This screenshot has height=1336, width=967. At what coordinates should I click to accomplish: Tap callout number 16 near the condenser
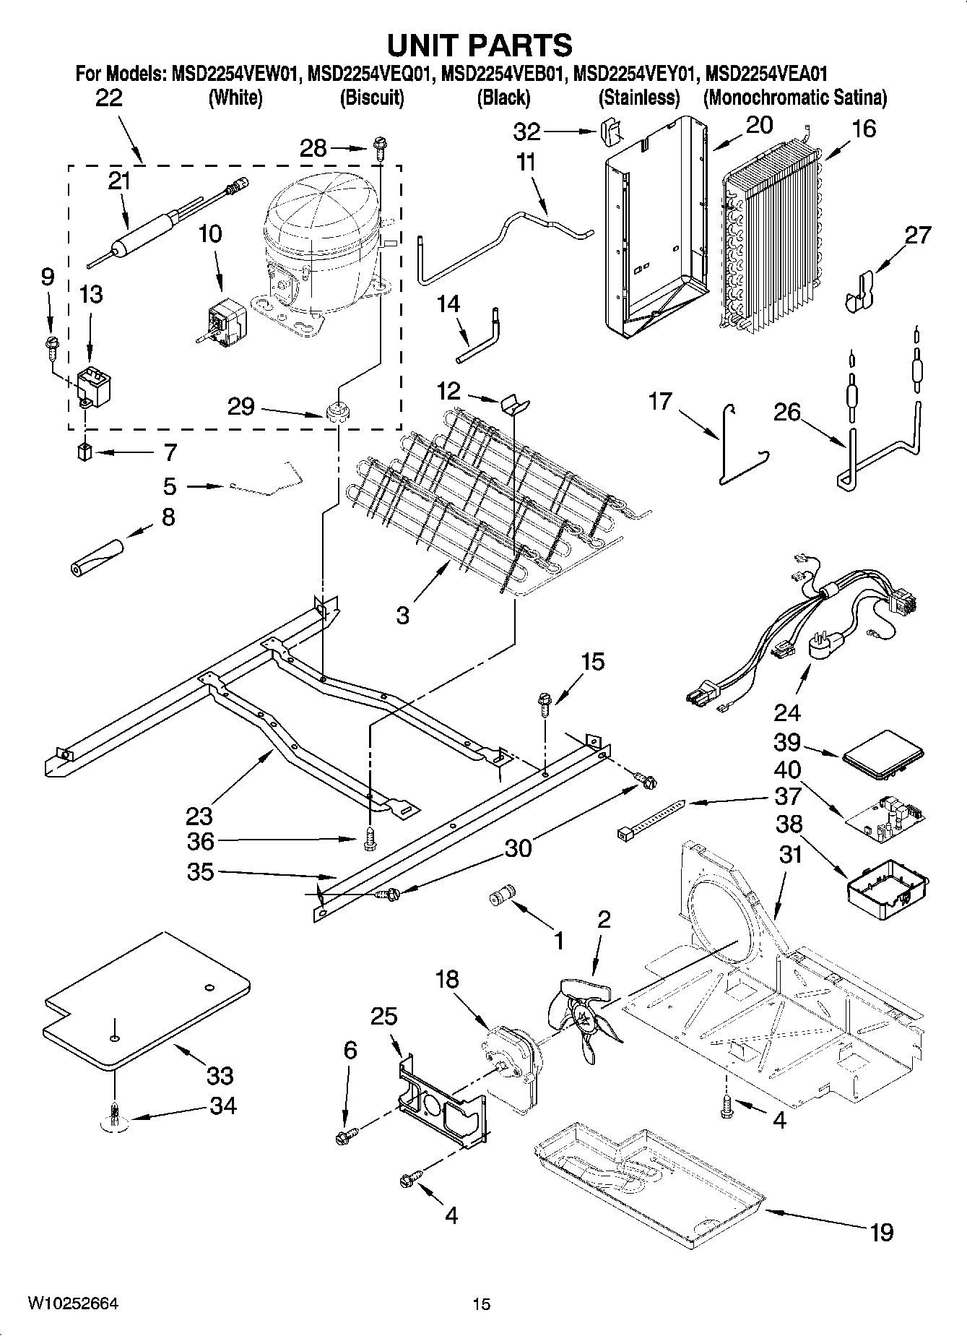coord(864,129)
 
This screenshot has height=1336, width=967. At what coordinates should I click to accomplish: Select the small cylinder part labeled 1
coord(500,897)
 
